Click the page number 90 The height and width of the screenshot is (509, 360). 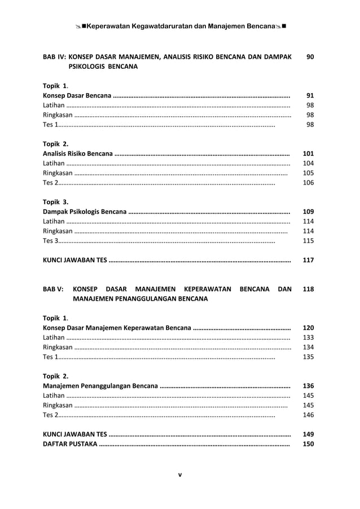310,57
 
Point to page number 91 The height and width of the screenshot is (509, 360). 310,95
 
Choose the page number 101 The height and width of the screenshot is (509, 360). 308,153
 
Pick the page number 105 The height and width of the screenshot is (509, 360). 308,173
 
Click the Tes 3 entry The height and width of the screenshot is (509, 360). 50,241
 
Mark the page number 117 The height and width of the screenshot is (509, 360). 308,261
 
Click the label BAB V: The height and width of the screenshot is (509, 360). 54,289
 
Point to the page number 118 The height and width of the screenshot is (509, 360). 308,289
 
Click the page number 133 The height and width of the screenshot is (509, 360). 308,337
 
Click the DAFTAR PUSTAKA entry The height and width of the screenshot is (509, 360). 70,444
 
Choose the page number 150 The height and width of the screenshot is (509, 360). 308,444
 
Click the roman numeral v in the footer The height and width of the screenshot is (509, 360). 179,475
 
